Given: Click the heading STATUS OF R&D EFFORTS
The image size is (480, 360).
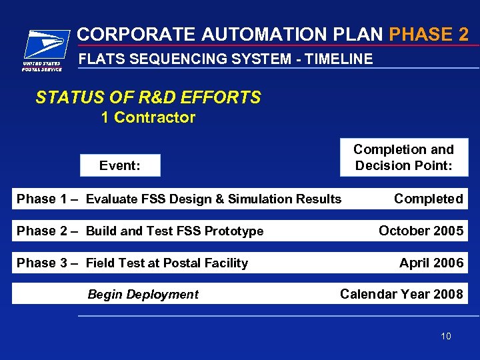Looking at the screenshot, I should coord(148,98).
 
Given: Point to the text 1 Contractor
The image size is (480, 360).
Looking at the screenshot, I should coord(148,118).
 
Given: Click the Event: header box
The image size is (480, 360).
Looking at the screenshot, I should coord(120,165).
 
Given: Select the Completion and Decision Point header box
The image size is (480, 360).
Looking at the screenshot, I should coord(403,157).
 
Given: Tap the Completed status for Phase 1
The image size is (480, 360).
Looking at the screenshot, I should coord(428,199).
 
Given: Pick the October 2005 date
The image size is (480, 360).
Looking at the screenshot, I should coord(421,231).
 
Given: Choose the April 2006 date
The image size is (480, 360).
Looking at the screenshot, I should coord(431,263).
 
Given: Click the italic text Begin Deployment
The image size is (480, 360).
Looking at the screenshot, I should coord(143,295).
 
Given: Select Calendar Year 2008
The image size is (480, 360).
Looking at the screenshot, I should coord(401,294).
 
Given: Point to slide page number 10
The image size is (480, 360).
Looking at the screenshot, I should coord(445,336).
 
